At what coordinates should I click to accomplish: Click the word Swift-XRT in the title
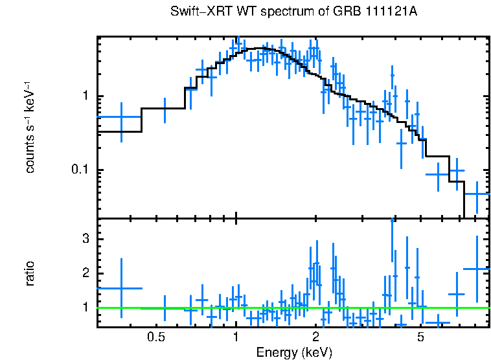[196, 12]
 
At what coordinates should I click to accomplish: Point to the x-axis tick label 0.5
[155, 337]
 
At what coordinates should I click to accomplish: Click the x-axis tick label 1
[236, 337]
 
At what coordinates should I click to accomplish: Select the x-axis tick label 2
[315, 337]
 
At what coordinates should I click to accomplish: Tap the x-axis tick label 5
[420, 337]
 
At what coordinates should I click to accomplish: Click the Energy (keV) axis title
[294, 352]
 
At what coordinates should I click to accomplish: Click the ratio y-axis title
[30, 274]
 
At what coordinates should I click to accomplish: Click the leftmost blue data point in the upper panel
[121, 117]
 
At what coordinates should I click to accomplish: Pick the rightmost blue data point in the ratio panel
[477, 269]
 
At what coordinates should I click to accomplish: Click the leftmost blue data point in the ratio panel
[121, 288]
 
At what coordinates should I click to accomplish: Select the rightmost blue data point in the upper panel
[477, 194]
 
